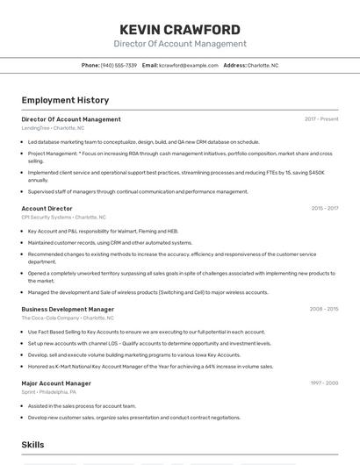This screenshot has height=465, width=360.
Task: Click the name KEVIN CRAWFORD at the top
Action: point(179,30)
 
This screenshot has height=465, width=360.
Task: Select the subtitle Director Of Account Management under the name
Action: point(179,44)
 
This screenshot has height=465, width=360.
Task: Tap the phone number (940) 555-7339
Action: point(119,65)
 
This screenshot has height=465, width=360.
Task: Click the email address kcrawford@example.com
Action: point(189,65)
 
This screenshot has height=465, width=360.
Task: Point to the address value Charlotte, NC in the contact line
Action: point(263,65)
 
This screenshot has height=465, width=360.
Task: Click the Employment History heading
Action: point(65,100)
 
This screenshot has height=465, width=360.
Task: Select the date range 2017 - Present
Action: point(321,119)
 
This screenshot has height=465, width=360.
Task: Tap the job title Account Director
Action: point(47,209)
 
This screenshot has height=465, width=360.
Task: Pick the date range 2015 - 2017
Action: point(324,209)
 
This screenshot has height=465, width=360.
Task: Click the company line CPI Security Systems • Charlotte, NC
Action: point(63,217)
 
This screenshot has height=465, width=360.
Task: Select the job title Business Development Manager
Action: point(68,309)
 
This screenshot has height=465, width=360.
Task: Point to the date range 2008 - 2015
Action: point(324,309)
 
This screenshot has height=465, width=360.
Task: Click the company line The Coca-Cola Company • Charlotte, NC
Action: point(68,318)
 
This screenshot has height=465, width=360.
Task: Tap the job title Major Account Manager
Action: point(56,383)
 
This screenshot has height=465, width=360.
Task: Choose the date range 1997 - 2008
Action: point(324,383)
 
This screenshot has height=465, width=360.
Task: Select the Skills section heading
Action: point(32,445)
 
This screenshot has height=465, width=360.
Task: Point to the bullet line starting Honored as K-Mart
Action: point(150,367)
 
